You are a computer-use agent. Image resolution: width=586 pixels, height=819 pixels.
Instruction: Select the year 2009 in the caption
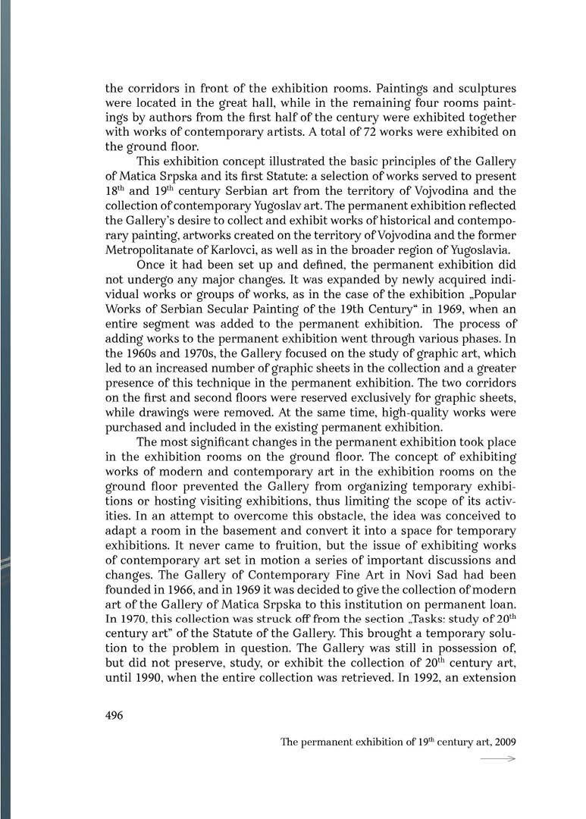tap(503, 741)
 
